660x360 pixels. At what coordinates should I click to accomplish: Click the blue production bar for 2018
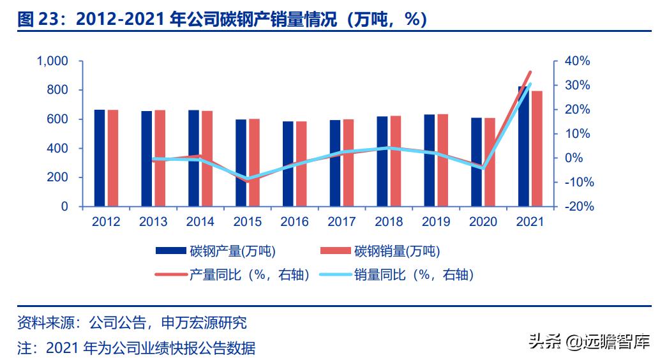(382, 161)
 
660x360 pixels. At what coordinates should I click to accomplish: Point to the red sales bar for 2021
(537, 149)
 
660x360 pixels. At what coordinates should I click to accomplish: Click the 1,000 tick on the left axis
(52, 61)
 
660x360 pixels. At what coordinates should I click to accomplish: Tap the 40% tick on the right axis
(577, 61)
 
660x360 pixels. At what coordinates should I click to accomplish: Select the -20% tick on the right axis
(577, 207)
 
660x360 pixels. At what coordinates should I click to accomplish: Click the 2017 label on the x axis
(341, 222)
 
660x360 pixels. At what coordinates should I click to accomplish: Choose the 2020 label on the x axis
(483, 222)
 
